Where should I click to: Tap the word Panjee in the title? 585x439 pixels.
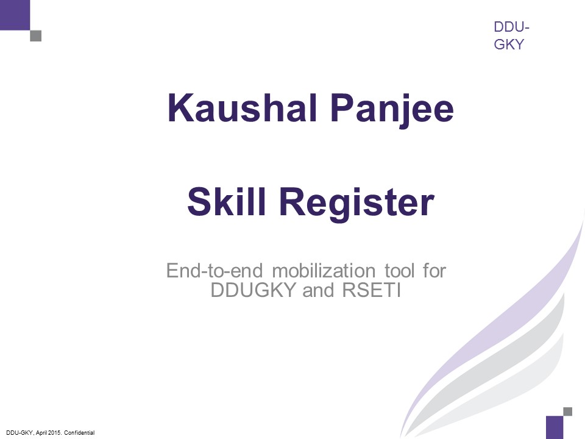[x=384, y=109]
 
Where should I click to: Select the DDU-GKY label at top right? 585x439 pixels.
[x=511, y=36]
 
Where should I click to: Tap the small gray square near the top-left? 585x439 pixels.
[x=36, y=36]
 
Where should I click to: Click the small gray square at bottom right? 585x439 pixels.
[x=567, y=412]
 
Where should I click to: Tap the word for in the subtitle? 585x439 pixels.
[x=434, y=270]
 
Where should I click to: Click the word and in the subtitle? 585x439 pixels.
[x=314, y=290]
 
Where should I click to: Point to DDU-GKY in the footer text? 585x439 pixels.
[x=19, y=433]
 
